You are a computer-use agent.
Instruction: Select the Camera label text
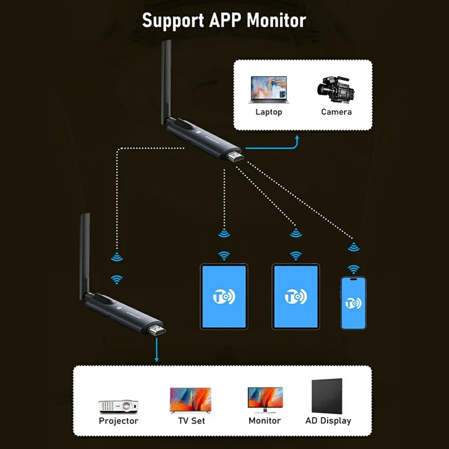[x=336, y=112]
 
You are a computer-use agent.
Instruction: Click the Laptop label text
[x=269, y=112]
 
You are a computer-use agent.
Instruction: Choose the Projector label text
[x=118, y=420]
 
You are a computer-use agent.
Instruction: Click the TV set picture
[x=191, y=400]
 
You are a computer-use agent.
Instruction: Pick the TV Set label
[x=191, y=420]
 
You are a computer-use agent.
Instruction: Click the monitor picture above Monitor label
[x=265, y=400]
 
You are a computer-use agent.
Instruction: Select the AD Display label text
[x=328, y=420]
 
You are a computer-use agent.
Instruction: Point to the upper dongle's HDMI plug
[x=236, y=159]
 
